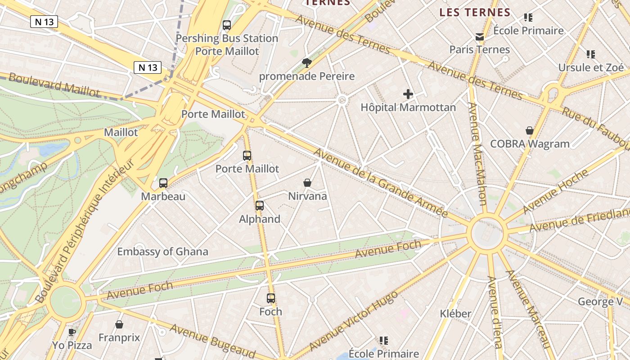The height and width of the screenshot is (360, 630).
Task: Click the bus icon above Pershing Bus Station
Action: (x=227, y=25)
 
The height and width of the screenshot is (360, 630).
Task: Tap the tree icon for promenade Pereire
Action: (x=307, y=63)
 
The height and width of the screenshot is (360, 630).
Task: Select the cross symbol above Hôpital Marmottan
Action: (x=408, y=94)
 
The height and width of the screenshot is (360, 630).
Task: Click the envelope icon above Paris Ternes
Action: (x=480, y=36)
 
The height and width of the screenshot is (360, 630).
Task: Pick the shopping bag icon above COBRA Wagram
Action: (x=530, y=130)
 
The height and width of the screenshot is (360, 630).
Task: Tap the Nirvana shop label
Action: (x=307, y=196)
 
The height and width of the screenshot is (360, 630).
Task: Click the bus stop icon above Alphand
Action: (x=260, y=206)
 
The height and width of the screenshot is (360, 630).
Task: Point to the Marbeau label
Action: (x=163, y=197)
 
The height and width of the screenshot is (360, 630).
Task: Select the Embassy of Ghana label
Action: (x=162, y=252)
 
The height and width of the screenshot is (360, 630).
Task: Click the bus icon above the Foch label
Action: (x=271, y=298)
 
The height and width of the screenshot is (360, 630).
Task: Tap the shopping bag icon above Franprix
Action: (x=119, y=324)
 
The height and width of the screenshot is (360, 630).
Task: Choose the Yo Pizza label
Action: (x=72, y=345)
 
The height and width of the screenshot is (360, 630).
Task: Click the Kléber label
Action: (x=455, y=314)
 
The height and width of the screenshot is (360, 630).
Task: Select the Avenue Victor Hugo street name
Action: (x=354, y=320)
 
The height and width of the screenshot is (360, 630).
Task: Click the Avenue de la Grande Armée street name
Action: (x=380, y=182)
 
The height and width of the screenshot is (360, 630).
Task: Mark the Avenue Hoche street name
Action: (x=555, y=191)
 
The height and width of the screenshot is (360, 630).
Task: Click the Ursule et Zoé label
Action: (x=591, y=67)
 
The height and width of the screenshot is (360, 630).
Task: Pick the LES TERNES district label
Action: (x=475, y=13)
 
